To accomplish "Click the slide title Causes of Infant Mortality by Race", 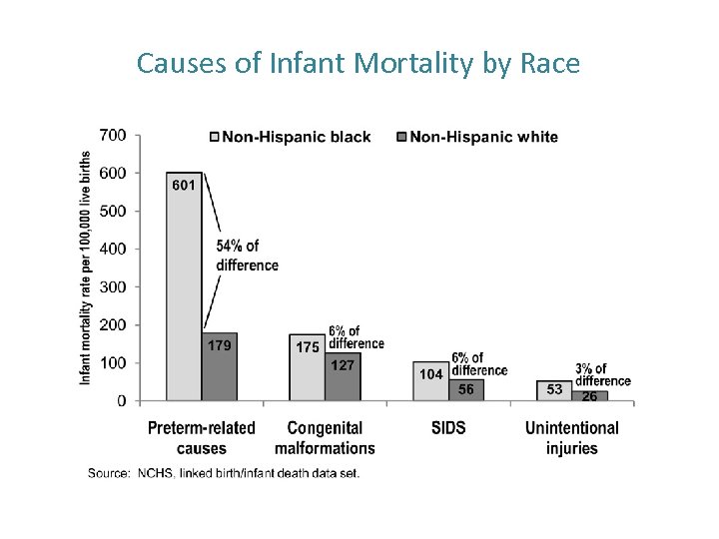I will click(x=358, y=64).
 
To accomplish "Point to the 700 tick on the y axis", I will click(x=113, y=135).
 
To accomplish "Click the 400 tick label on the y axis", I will click(x=113, y=249).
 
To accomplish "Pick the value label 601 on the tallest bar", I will click(x=184, y=185).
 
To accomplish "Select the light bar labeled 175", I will click(x=307, y=369).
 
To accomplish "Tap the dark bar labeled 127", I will click(x=343, y=379).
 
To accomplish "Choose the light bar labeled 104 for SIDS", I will click(x=430, y=382).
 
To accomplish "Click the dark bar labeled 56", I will click(x=466, y=390).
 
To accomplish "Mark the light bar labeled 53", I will click(x=554, y=390).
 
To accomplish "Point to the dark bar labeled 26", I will click(x=590, y=396).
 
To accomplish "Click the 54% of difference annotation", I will click(x=247, y=256).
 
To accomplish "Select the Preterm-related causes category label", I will click(x=201, y=437).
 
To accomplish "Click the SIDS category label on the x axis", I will click(x=448, y=428).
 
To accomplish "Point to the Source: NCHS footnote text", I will click(x=224, y=472).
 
